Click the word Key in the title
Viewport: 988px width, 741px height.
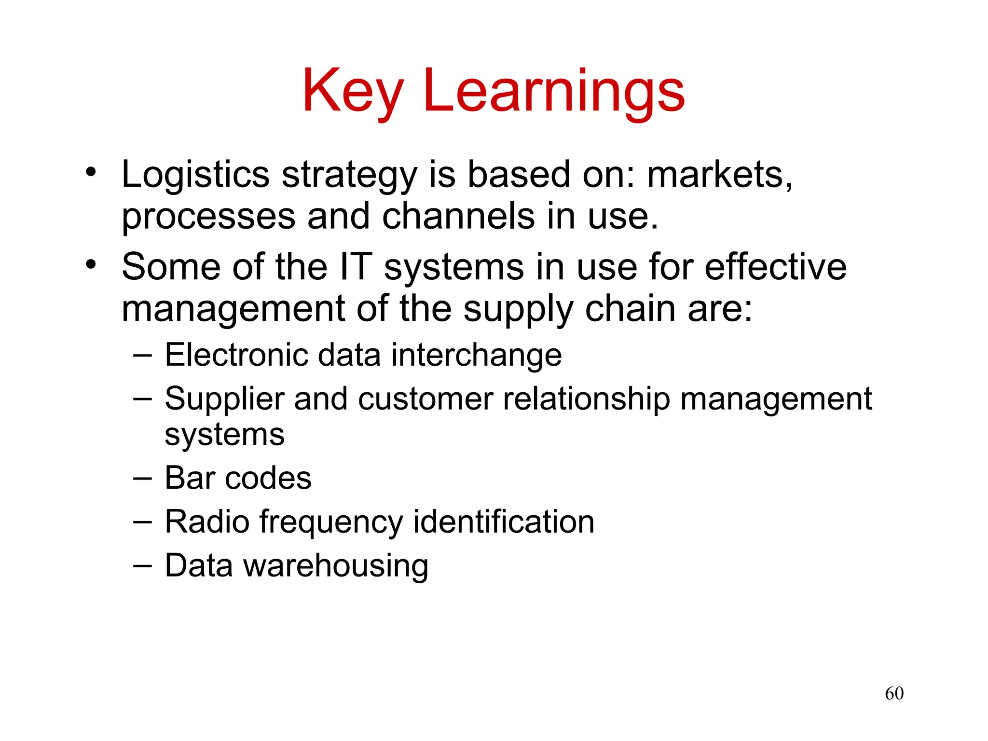[353, 92]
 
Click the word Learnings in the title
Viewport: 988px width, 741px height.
[554, 92]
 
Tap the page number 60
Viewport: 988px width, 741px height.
[894, 693]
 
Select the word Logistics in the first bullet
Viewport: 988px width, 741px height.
[195, 175]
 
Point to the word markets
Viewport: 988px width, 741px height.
[719, 175]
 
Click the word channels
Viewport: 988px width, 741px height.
[458, 216]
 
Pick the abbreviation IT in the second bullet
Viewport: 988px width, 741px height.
[356, 267]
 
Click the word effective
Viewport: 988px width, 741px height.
[775, 267]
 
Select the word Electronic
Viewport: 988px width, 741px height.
[236, 355]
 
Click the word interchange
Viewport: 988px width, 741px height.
[477, 355]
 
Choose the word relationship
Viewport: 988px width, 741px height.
[586, 399]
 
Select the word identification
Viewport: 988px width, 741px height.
[504, 522]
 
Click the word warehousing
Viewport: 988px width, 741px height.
[336, 566]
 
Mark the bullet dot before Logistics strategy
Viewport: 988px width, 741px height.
[91, 172]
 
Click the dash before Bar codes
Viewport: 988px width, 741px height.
[142, 478]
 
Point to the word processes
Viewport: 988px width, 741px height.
[208, 217]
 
